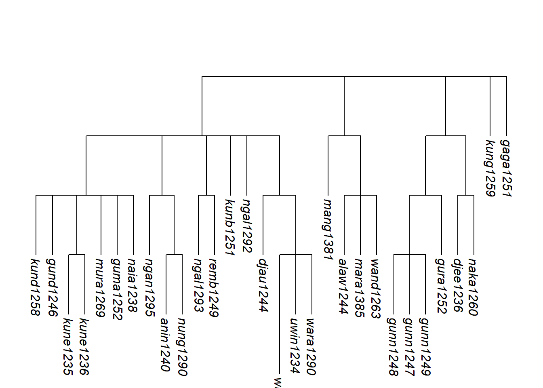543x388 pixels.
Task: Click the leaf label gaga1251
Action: coord(506,168)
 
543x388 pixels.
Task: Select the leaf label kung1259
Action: coord(490,168)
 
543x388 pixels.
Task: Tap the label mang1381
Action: coord(328,229)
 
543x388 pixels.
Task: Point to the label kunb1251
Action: coord(230,227)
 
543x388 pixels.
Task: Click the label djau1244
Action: coord(263,285)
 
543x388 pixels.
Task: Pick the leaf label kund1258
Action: coord(36,287)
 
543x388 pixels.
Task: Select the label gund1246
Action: coord(52,287)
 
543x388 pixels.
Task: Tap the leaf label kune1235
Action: coord(68,346)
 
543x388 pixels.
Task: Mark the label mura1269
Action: coord(100,287)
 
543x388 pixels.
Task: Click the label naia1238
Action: coord(133,285)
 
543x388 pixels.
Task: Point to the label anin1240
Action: coord(165,344)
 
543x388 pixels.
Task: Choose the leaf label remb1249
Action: coord(214,287)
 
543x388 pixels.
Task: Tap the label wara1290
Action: coord(311,346)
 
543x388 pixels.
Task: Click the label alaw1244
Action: coord(344,286)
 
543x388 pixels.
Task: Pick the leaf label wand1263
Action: coord(376,289)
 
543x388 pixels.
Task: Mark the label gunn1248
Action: coord(393,346)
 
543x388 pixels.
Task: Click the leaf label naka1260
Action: coord(474,287)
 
